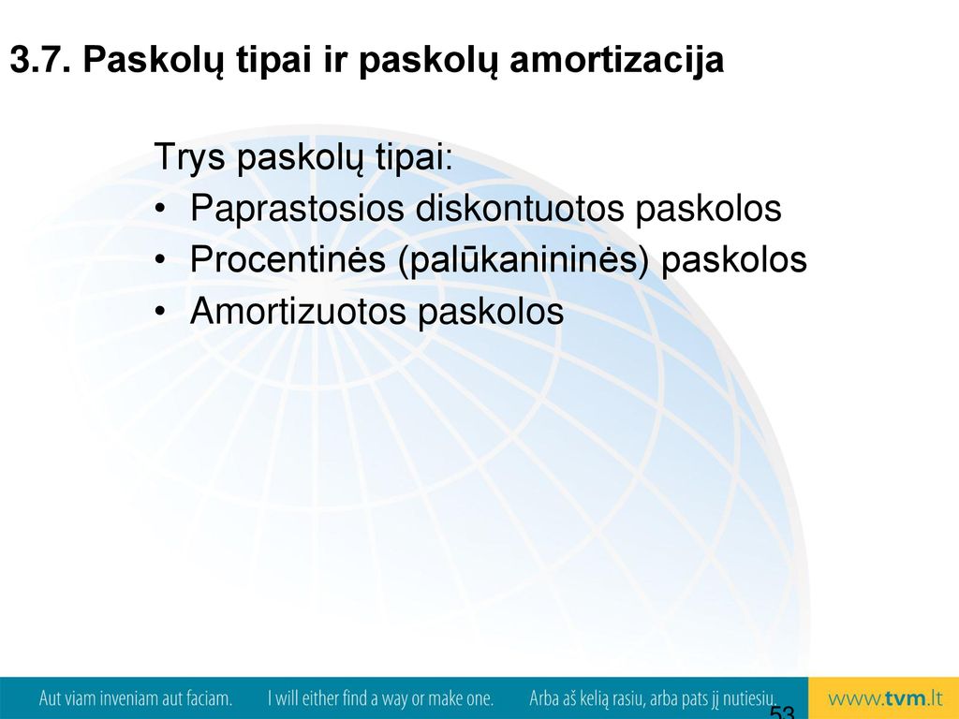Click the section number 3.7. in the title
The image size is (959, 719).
coord(39,60)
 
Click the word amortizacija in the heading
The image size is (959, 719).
coord(616,61)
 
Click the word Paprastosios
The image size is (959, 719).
coord(297,209)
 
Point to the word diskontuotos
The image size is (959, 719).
coord(520,208)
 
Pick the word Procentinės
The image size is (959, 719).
coord(288,259)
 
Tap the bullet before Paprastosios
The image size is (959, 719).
coord(160,209)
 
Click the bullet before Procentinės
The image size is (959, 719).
coord(160,260)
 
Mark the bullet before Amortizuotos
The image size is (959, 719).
coord(160,312)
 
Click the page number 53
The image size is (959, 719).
coord(782,712)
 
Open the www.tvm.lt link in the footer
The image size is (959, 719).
coord(885,698)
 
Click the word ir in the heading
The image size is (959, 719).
coord(335,61)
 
